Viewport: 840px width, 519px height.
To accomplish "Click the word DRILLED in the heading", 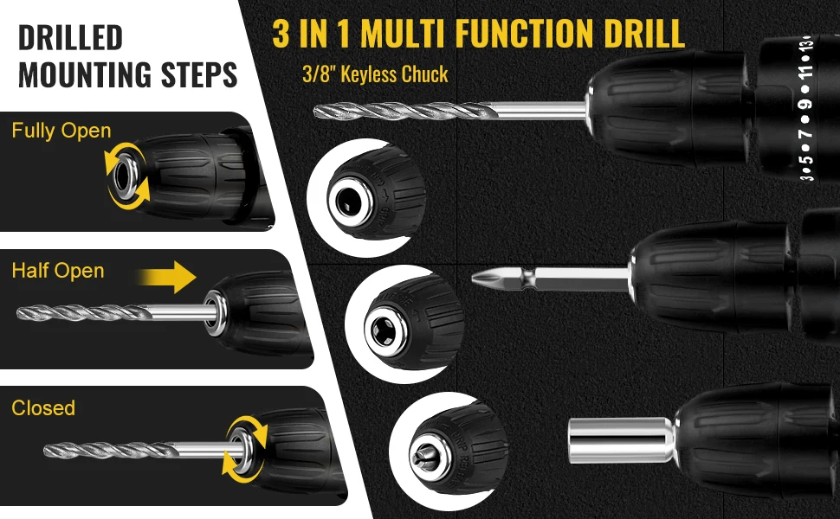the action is pyautogui.click(x=70, y=37).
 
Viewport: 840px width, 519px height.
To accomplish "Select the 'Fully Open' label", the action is pyautogui.click(x=61, y=131).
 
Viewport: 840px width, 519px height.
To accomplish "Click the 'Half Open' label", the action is pyautogui.click(x=58, y=271).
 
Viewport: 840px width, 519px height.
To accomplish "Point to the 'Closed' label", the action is pyautogui.click(x=43, y=407).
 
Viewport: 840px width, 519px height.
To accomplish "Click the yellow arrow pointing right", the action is pyautogui.click(x=167, y=277).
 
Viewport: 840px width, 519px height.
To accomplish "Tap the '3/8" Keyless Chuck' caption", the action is pyautogui.click(x=375, y=74).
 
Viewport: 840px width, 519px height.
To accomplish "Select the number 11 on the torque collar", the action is pyautogui.click(x=806, y=69).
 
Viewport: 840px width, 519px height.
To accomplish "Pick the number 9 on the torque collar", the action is pyautogui.click(x=805, y=104).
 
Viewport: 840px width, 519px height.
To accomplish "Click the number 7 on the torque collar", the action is pyautogui.click(x=806, y=133).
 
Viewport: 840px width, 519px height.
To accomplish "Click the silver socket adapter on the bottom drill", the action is pyautogui.click(x=623, y=440).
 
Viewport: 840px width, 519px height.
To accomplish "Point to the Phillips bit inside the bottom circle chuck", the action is pyautogui.click(x=423, y=455).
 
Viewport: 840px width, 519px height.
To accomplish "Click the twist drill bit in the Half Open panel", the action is pyautogui.click(x=110, y=313).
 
